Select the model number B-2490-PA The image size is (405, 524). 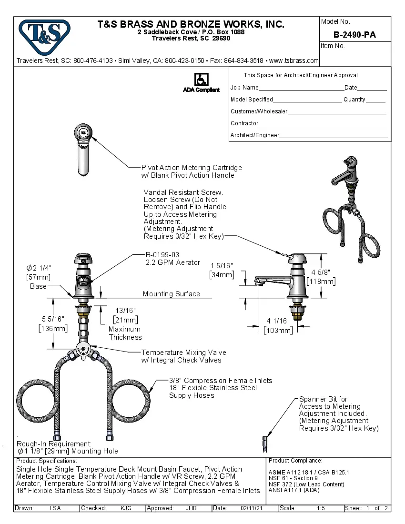tap(354, 35)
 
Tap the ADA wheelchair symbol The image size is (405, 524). tap(201, 80)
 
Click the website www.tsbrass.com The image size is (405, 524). tap(294, 61)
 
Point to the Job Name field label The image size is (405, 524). tap(244, 88)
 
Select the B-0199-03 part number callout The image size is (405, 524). tap(162, 255)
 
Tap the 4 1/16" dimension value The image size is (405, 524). tap(278, 321)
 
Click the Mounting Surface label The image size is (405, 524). tap(171, 294)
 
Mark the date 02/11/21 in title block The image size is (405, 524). tap(252, 508)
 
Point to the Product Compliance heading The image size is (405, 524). tap(295, 461)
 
